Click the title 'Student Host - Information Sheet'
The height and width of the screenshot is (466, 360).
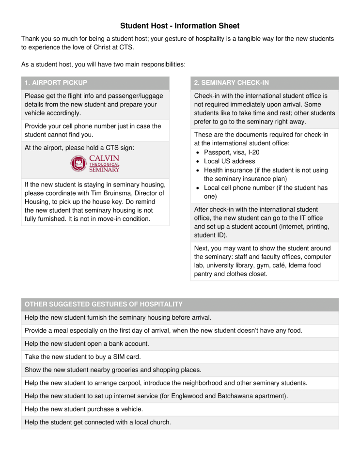click(x=180, y=26)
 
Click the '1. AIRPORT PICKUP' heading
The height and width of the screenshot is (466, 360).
click(x=56, y=83)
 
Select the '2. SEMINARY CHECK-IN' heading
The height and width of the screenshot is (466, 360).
click(x=231, y=83)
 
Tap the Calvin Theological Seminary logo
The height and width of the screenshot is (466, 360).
click(x=95, y=164)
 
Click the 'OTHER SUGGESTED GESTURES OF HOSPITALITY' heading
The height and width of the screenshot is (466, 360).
click(x=103, y=304)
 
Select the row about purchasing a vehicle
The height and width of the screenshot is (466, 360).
click(x=84, y=409)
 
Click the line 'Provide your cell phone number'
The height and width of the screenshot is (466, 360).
click(x=93, y=126)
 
